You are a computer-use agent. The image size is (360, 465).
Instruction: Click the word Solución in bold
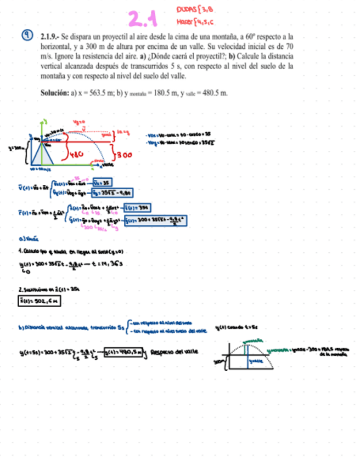point(54,93)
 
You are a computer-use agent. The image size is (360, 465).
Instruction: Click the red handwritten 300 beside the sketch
point(124,155)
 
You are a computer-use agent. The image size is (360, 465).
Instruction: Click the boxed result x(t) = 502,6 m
point(30,300)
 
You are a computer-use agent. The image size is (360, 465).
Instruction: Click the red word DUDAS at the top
point(185,9)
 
